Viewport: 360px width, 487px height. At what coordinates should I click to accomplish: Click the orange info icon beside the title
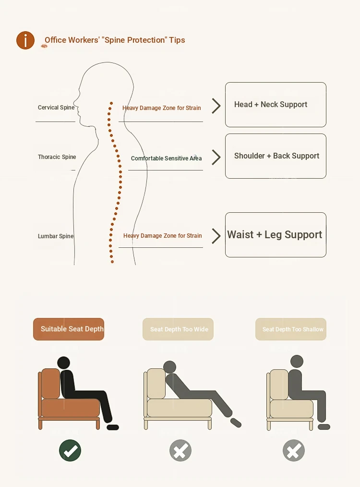25,40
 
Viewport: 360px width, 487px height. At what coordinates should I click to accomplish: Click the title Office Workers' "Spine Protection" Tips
115,40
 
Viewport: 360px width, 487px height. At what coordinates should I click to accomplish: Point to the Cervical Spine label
56,108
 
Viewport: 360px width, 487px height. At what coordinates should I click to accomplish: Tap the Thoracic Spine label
57,157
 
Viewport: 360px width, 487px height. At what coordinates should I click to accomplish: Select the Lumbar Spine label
56,236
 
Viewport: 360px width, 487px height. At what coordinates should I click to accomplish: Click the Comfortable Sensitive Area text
167,158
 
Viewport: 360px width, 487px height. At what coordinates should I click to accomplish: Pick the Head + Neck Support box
276,105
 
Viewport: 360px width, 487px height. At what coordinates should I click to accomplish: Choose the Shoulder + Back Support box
276,156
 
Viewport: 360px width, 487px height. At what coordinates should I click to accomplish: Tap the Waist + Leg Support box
276,235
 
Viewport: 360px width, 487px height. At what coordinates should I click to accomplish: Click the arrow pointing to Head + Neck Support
216,106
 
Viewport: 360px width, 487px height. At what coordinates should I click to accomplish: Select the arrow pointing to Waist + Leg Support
216,236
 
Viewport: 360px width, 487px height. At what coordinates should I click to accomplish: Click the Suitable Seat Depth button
69,329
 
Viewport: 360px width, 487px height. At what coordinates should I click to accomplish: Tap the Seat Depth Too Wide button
178,329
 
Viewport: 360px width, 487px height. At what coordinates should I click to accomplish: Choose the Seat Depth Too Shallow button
291,329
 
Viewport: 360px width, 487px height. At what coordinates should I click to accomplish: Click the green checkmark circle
70,450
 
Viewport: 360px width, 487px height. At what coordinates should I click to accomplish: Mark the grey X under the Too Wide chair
180,450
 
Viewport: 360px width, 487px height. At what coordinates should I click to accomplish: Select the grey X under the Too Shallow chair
294,450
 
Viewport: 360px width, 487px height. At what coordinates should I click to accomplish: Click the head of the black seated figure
64,363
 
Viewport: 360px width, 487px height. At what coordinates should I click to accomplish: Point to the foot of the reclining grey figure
236,423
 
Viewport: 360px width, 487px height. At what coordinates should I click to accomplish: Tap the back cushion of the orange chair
50,384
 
